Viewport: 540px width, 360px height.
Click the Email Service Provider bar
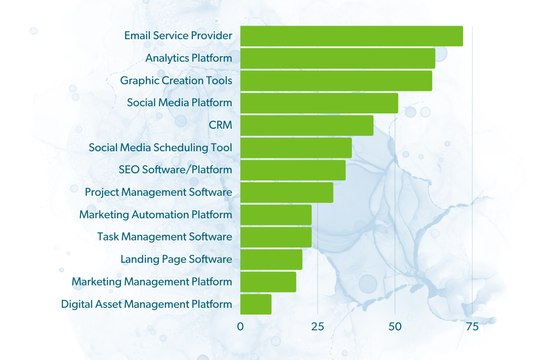(351, 36)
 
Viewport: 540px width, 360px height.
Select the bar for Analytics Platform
(337, 58)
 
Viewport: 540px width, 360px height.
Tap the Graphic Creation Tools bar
(336, 81)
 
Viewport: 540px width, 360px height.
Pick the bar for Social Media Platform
(319, 103)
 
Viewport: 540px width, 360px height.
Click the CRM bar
(307, 126)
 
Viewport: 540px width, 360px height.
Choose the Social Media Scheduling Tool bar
(296, 148)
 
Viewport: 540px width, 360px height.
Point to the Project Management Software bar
(287, 193)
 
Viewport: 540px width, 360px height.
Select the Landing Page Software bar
(271, 260)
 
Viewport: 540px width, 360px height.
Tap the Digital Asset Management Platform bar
(256, 304)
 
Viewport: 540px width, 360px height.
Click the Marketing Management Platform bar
(268, 282)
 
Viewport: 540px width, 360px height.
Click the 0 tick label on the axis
(240, 327)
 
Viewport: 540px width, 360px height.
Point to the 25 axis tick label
(318, 327)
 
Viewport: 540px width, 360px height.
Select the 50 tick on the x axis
(395, 327)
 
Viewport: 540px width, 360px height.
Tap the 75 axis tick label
(472, 327)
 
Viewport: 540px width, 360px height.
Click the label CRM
(220, 125)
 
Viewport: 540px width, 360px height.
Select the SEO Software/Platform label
(175, 170)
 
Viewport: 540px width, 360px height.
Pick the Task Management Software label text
(165, 237)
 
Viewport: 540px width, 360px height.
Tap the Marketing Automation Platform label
(156, 215)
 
